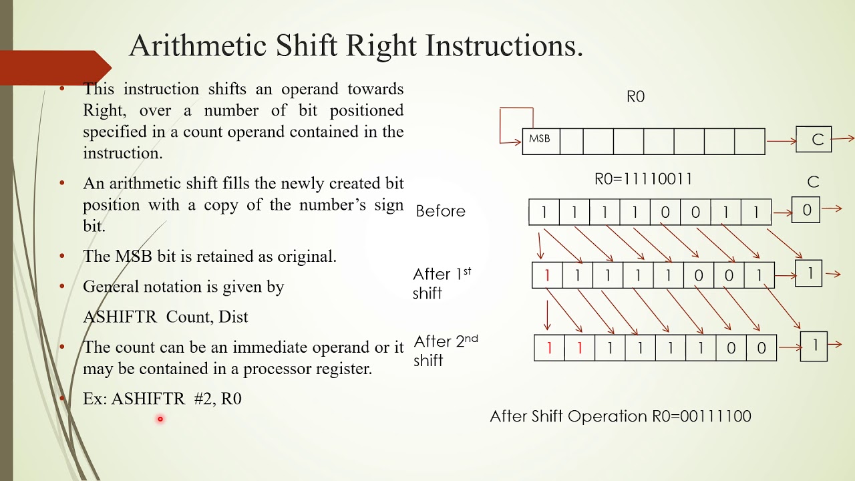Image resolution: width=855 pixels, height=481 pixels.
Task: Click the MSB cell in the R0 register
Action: point(539,140)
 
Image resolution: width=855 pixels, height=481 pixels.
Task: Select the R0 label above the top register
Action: point(635,97)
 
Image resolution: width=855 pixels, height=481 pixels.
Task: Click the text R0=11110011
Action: point(643,179)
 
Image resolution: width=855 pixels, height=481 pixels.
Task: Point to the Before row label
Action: point(440,211)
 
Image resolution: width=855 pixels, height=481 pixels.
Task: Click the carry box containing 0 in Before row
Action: point(806,210)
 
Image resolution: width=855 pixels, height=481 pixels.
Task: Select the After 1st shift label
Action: point(442,283)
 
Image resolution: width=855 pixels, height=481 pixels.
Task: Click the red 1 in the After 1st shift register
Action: point(547,275)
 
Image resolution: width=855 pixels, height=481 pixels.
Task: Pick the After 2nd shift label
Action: point(446,350)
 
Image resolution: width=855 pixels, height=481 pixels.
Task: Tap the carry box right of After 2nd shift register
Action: point(814,346)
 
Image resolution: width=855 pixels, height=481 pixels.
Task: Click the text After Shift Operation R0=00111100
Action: point(621,416)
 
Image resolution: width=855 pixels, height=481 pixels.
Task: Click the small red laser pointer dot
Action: point(160,420)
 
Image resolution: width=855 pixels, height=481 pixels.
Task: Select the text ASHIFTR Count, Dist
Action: point(165,317)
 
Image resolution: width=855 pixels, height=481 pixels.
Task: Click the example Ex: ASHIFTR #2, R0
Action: point(162,399)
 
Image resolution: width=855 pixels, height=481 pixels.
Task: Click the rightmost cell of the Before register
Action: point(756,212)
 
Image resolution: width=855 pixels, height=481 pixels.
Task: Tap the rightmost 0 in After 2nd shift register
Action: point(761,348)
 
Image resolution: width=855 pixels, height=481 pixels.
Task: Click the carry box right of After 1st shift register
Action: point(810,274)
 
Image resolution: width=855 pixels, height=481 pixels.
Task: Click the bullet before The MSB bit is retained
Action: point(62,256)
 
